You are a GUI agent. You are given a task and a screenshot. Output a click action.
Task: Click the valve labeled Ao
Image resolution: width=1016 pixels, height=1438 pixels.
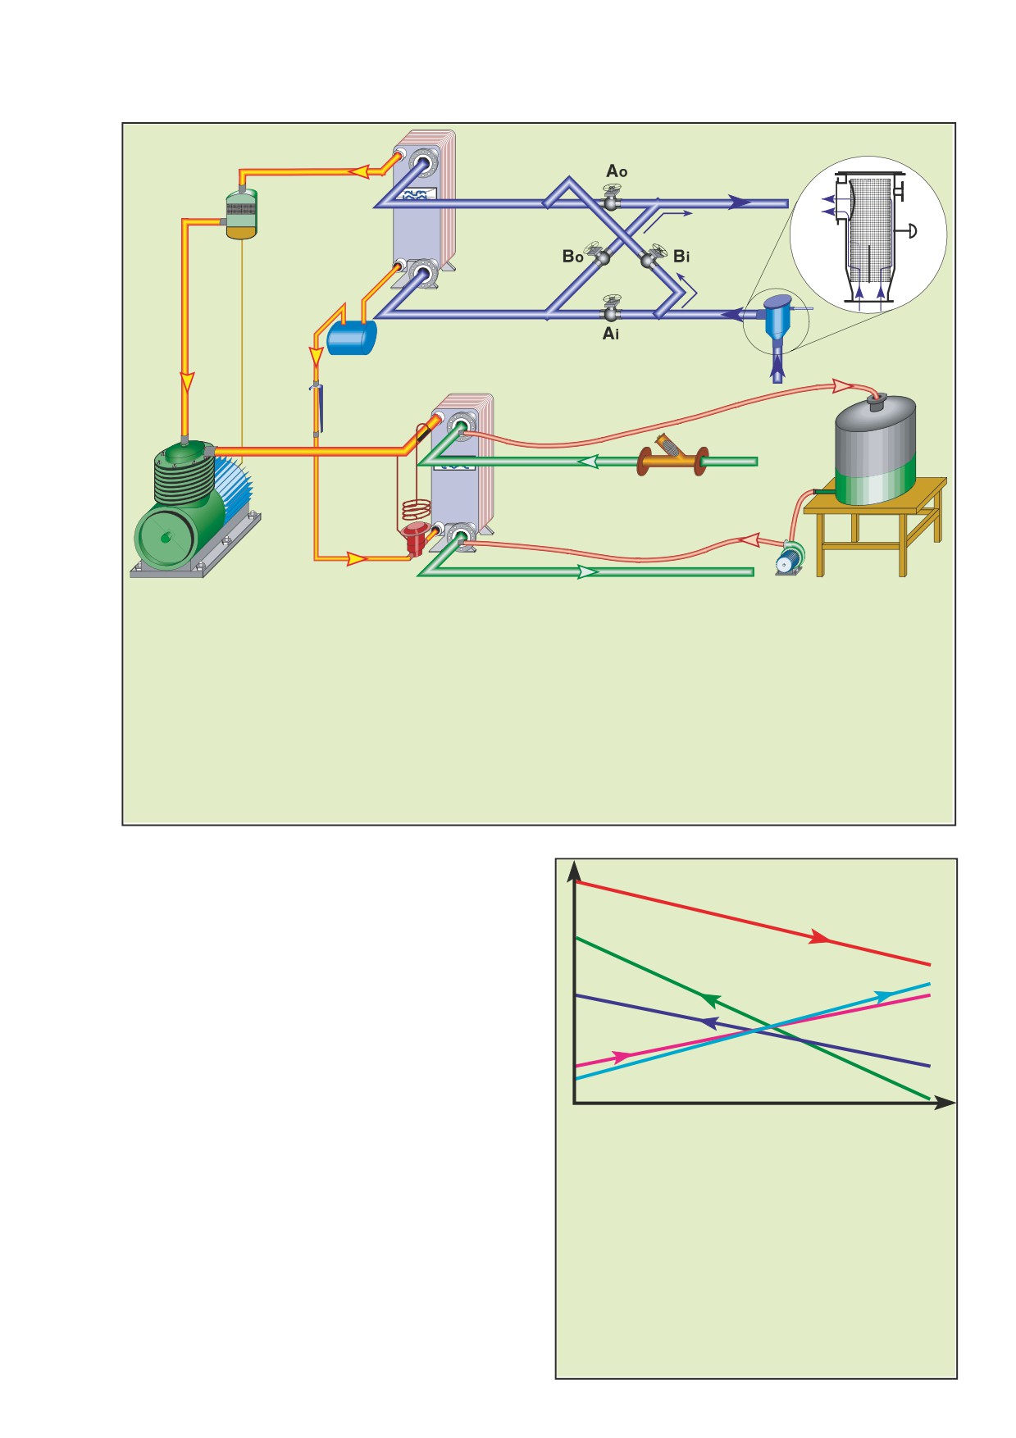pos(611,199)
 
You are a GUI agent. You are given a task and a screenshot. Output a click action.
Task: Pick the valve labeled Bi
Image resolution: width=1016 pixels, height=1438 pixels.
pos(654,257)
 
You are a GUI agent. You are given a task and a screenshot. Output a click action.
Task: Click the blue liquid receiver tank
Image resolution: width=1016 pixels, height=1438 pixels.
pos(352,337)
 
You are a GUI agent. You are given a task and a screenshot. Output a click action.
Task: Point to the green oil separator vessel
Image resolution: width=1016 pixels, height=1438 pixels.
pos(241,215)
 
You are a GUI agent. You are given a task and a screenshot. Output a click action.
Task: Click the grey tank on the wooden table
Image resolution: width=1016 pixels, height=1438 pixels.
pos(875,451)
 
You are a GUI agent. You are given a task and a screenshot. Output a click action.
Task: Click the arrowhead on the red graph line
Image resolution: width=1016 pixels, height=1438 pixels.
pos(819,937)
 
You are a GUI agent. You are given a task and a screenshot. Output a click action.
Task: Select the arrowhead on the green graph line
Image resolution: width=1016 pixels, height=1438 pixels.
pos(709,998)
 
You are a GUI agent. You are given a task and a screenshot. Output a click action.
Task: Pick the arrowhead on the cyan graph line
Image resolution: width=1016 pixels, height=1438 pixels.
pos(884,995)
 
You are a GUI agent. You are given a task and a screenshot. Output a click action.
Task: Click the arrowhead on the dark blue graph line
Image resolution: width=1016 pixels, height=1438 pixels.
pos(709,1022)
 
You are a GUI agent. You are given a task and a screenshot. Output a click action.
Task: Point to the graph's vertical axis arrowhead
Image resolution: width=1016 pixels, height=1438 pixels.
pos(576,872)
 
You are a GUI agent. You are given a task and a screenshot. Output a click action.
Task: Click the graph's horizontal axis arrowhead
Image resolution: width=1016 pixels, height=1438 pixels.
pos(945,1104)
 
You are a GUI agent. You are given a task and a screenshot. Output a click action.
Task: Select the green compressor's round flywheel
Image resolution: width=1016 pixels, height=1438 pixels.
pos(167,537)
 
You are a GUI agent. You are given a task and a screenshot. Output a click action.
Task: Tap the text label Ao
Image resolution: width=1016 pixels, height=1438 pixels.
pos(617,171)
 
